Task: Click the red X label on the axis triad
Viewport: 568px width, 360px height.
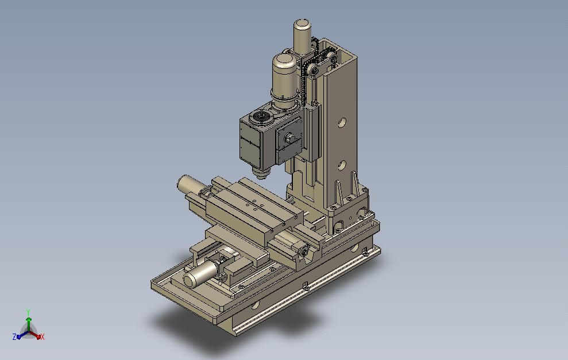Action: [x=42, y=337]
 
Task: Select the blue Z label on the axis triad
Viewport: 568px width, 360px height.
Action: [x=14, y=337]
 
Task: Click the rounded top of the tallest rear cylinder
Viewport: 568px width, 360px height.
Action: [x=303, y=25]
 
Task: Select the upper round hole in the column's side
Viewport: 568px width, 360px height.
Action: [x=342, y=123]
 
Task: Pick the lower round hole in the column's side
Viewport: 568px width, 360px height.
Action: [x=342, y=166]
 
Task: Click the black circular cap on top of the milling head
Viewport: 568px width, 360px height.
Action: [x=261, y=117]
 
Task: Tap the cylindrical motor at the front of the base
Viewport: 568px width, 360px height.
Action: [x=200, y=274]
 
